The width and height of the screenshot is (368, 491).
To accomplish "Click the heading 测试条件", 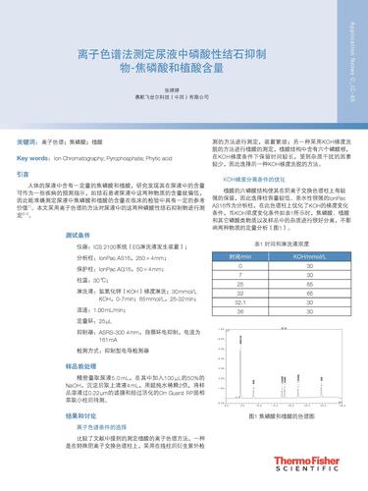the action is (x=79, y=236).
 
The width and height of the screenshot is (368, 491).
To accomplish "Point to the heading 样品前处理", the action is (x=82, y=363).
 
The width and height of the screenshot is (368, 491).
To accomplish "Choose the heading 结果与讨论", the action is (x=82, y=415).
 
